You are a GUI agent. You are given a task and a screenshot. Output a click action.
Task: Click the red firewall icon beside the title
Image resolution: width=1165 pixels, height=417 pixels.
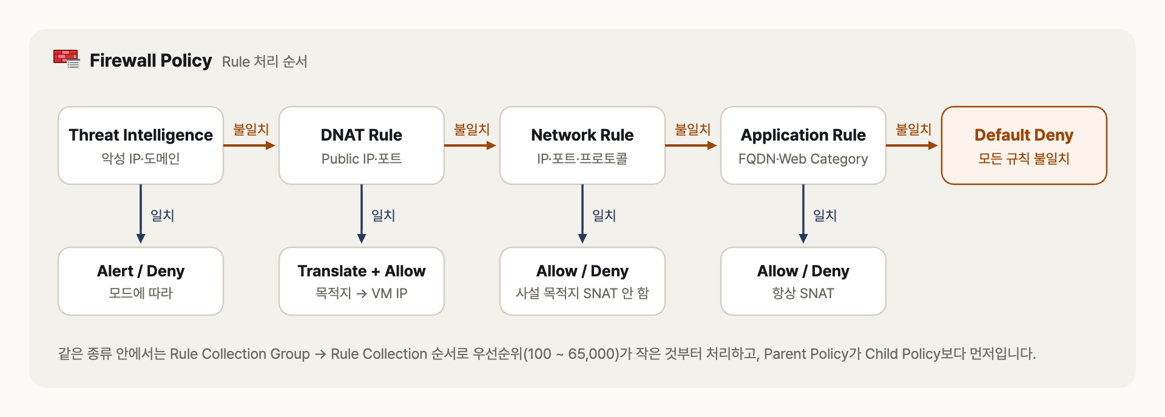67,59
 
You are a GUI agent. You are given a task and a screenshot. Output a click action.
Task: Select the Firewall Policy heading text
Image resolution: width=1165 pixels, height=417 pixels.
150,61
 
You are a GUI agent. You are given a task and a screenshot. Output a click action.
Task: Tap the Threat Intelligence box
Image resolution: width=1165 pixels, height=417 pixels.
141,145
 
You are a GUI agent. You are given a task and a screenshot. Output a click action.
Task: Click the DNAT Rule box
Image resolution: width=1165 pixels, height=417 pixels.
362,145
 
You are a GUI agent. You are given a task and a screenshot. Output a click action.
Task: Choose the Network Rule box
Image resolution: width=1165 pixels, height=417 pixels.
582,145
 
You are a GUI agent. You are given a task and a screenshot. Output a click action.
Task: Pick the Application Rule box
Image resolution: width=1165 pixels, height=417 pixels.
803,145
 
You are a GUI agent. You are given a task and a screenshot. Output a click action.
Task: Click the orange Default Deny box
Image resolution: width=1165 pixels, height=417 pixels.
1024,145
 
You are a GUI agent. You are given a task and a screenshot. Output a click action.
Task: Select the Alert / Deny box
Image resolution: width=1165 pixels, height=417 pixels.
141,281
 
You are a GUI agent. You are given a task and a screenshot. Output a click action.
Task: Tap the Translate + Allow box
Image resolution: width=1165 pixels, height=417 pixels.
362,281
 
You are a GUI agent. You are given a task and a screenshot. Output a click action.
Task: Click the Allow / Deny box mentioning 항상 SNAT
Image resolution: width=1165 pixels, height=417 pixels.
803,281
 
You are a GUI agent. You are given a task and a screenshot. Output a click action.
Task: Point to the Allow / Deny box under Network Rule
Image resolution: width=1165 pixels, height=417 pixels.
582,281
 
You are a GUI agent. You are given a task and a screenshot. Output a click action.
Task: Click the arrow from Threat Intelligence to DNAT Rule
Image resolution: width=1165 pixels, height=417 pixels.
249,145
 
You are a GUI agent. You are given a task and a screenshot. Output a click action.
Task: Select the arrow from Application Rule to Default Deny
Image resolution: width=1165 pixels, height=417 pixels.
912,145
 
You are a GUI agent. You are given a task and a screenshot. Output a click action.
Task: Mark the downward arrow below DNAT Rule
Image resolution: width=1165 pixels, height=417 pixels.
362,214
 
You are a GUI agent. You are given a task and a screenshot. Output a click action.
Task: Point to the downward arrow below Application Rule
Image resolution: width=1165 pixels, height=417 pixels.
803,214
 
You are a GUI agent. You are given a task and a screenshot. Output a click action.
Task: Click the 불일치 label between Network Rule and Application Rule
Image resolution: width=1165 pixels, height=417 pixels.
693,129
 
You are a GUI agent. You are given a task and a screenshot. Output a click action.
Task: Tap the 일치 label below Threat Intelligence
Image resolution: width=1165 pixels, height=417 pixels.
163,215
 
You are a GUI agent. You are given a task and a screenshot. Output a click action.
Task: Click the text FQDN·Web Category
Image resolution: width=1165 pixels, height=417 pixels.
803,159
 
